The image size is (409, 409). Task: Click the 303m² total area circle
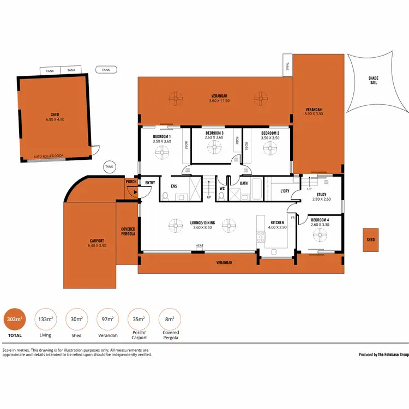pos(14,320)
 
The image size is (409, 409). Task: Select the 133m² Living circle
pos(45,320)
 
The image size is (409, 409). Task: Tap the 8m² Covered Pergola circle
pos(170,320)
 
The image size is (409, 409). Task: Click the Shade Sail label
pos(374,80)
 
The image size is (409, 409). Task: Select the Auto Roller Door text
pos(49,155)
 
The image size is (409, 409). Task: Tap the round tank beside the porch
pos(110,167)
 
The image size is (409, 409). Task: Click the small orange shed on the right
pos(370,239)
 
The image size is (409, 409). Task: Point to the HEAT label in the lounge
pos(200,246)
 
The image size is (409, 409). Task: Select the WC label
pos(222,189)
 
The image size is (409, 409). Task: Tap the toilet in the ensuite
pos(165,196)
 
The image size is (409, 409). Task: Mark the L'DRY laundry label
pos(285,191)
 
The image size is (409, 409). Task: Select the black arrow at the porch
pos(134,191)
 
